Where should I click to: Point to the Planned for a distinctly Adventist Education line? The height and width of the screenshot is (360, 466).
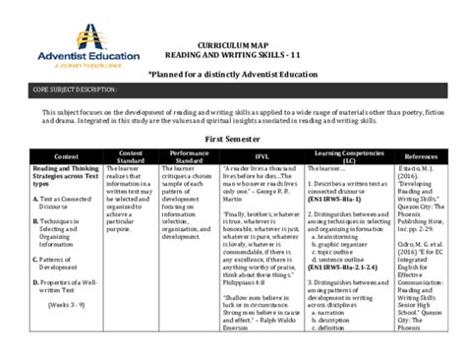point(233,75)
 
